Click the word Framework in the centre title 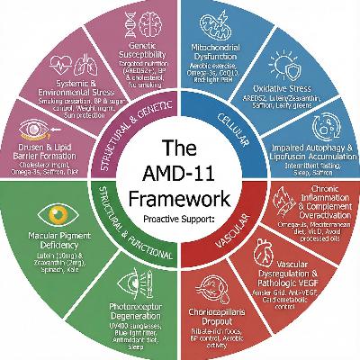coord(180,196)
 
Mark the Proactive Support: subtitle coord(180,217)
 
